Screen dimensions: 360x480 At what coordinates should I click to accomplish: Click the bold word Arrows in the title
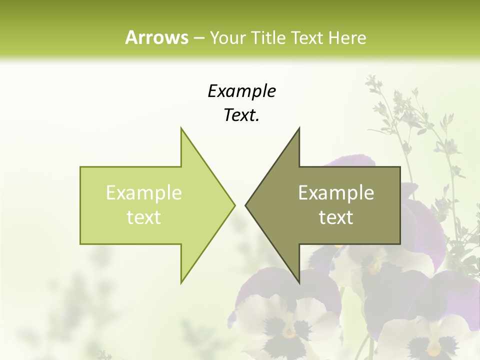click(156, 37)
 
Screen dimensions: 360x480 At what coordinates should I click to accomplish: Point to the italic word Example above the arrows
click(241, 91)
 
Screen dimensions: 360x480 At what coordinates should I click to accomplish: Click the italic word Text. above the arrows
click(241, 115)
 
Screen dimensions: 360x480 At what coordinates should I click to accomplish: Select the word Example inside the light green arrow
click(143, 193)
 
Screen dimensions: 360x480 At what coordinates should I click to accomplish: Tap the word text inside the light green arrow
click(143, 217)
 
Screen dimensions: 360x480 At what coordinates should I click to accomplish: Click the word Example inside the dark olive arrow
click(336, 193)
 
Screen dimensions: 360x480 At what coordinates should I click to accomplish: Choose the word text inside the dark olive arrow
click(336, 217)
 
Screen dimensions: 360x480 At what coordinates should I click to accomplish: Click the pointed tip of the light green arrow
click(234, 205)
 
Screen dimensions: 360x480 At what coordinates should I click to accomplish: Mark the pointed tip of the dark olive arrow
click(246, 205)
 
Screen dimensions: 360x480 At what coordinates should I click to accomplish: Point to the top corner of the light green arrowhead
click(181, 128)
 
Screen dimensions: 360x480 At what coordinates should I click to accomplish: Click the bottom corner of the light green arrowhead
click(181, 282)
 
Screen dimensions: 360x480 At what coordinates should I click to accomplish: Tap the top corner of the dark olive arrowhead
click(299, 128)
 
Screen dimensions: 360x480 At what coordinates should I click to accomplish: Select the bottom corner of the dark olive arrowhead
click(299, 282)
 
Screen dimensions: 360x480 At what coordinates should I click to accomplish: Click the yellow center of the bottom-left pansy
click(289, 331)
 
